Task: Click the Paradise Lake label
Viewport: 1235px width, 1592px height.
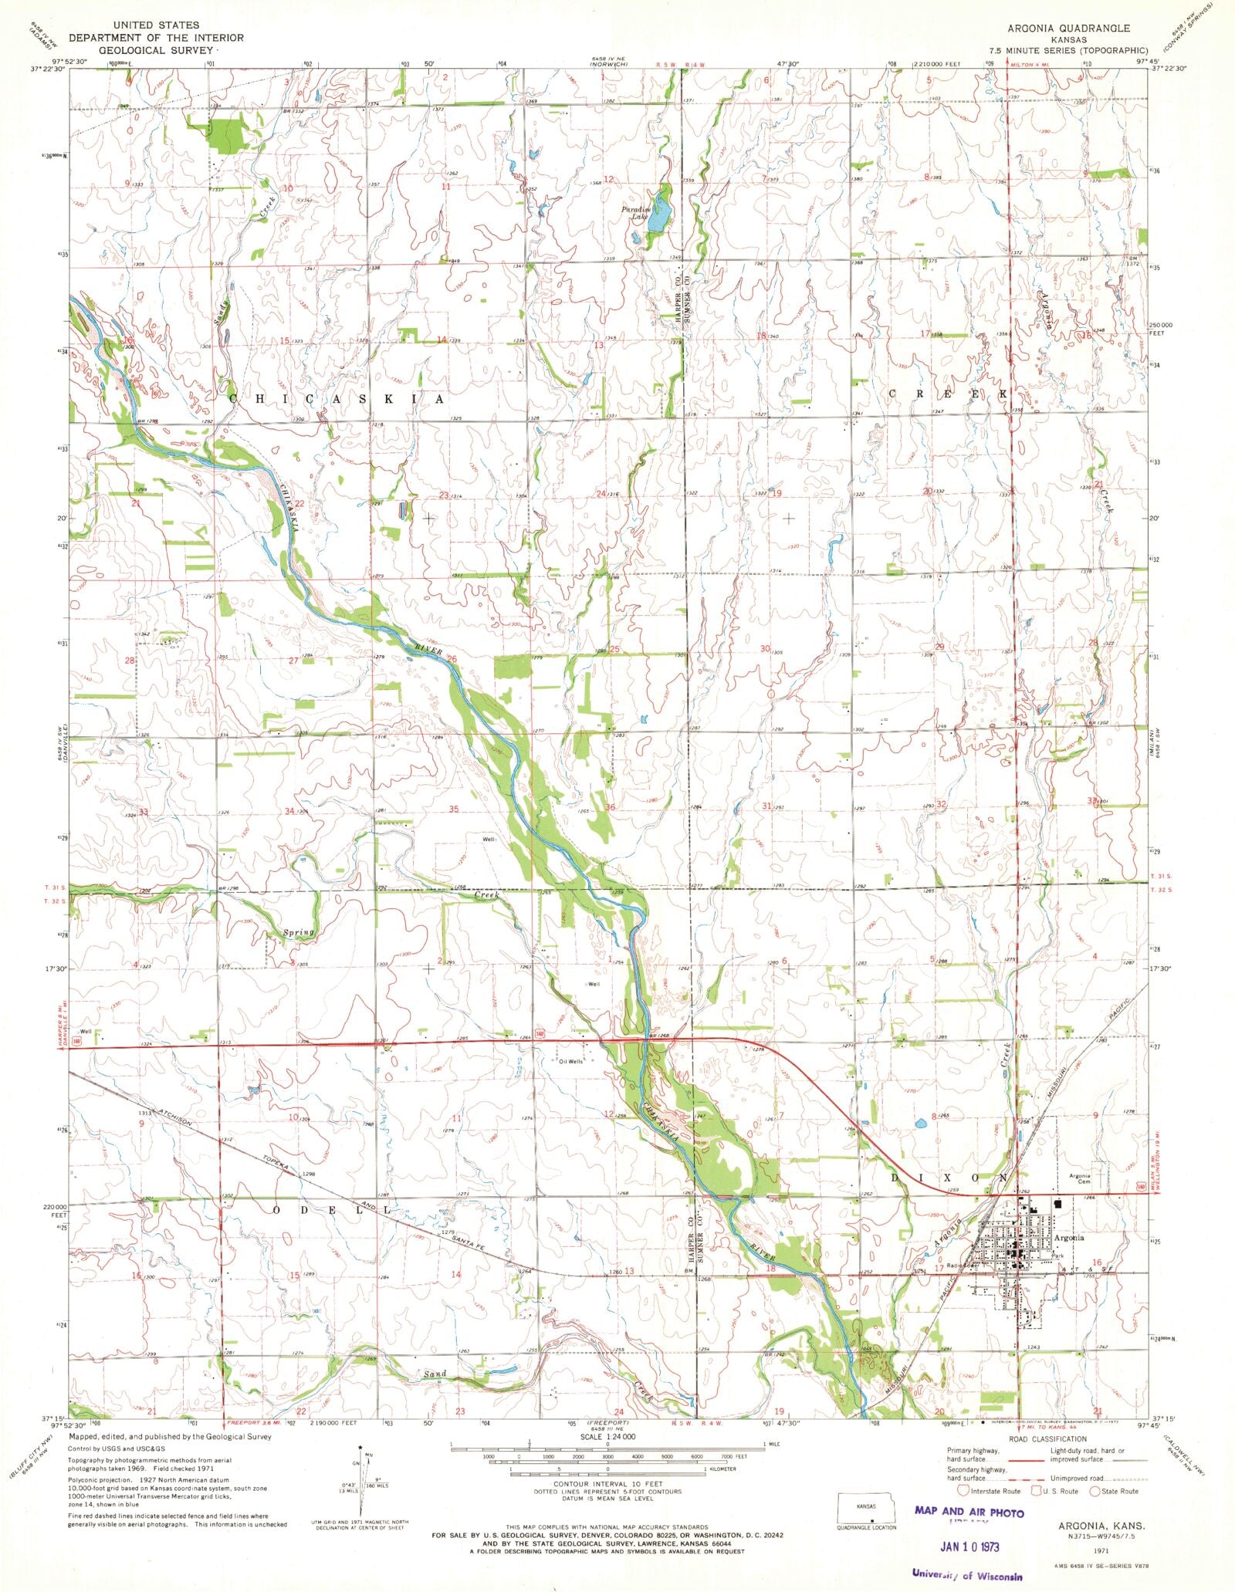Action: click(638, 213)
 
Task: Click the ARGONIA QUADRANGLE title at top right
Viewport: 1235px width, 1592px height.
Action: click(1068, 28)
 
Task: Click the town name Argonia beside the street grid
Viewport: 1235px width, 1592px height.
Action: click(1070, 1237)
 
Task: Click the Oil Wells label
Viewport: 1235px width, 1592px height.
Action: click(571, 1061)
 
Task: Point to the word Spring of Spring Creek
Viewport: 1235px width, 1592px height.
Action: click(297, 933)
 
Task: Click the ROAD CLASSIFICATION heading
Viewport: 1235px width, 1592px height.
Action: click(1047, 1438)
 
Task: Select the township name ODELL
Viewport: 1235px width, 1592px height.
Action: click(333, 1210)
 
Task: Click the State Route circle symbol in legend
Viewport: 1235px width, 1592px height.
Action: click(1094, 1491)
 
